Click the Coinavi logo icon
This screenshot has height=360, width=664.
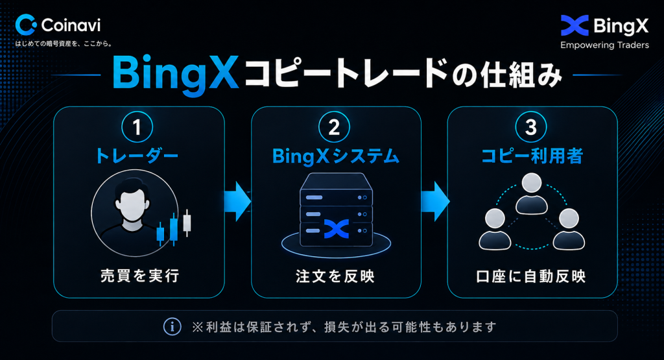(x=25, y=25)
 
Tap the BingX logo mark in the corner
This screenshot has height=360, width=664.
(x=575, y=25)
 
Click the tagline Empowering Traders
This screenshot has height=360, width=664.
(x=604, y=45)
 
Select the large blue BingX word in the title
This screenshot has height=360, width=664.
(x=175, y=74)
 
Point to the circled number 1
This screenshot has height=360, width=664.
(x=137, y=126)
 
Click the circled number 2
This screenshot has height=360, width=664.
(x=334, y=126)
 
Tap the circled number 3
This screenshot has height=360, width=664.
(x=531, y=126)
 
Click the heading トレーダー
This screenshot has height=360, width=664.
(x=137, y=156)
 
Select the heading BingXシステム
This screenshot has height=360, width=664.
(x=336, y=156)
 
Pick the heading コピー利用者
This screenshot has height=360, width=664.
(x=532, y=156)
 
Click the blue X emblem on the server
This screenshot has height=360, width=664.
(x=337, y=229)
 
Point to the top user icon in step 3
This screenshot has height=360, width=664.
(x=532, y=194)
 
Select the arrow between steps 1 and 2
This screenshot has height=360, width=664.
(x=237, y=201)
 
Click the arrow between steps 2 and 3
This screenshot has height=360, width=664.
(x=435, y=201)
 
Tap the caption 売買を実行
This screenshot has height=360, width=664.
(x=140, y=276)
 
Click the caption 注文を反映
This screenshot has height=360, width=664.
(x=335, y=276)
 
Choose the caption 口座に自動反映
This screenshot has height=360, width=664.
(x=531, y=276)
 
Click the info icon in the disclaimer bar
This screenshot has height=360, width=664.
(x=172, y=326)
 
